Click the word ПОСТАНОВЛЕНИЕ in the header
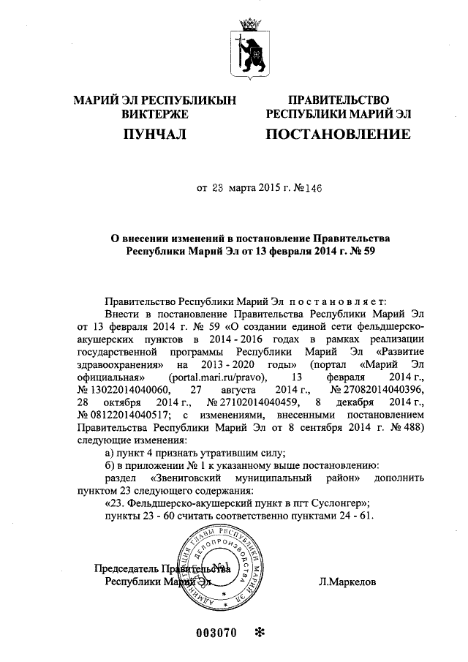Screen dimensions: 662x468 coord(337,134)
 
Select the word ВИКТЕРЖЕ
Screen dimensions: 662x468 coord(155,114)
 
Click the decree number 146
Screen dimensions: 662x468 coord(309,187)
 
